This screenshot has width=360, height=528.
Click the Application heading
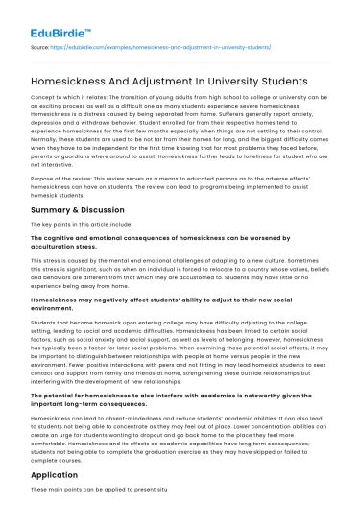pos(56,501)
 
